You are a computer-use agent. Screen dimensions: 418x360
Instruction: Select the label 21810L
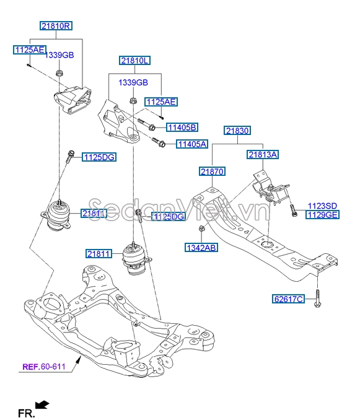tap(135, 61)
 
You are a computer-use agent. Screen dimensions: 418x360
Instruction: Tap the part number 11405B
tap(182, 128)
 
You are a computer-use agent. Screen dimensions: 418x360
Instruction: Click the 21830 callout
tap(237, 131)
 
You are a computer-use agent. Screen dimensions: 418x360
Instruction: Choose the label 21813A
tap(263, 154)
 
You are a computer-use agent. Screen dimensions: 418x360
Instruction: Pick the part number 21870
tap(212, 171)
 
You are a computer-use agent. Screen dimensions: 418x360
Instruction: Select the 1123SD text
tap(322, 205)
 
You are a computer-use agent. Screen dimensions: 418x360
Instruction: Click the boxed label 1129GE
tap(322, 214)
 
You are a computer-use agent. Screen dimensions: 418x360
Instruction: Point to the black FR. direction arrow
tap(42, 405)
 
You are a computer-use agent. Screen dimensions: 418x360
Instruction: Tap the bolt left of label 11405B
tap(146, 123)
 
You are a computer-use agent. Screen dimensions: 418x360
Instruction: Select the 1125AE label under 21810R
tap(29, 48)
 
